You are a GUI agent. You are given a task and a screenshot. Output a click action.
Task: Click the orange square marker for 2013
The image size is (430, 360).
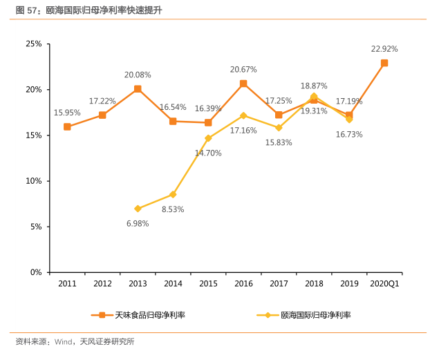click(138, 89)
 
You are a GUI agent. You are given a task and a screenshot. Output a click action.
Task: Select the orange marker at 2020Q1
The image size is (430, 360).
click(384, 63)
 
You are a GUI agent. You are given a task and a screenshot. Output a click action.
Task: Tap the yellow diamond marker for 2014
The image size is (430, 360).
click(173, 194)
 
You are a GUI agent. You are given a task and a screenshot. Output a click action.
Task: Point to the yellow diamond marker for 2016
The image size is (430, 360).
click(243, 115)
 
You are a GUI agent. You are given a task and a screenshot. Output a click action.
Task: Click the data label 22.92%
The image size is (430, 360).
click(384, 49)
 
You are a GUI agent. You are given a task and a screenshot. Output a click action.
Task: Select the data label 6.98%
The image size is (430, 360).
click(138, 223)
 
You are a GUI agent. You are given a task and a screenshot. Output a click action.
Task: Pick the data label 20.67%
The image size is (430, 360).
click(243, 69)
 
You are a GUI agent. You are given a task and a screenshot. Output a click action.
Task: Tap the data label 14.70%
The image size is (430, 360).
click(208, 153)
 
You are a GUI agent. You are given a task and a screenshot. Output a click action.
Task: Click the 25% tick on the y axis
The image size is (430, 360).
click(34, 44)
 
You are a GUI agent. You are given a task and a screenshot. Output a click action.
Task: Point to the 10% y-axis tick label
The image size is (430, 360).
click(34, 181)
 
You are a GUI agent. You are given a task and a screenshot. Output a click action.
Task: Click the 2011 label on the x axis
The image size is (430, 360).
click(67, 284)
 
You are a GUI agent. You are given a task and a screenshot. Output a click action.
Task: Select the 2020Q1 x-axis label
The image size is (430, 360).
click(384, 284)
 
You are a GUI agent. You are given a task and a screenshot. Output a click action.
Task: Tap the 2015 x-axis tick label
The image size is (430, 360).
click(208, 284)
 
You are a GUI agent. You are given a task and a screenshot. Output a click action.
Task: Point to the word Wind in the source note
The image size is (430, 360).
click(64, 341)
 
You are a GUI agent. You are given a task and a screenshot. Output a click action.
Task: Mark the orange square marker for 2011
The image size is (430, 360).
click(67, 126)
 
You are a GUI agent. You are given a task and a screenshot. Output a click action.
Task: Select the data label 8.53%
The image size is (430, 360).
click(173, 209)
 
